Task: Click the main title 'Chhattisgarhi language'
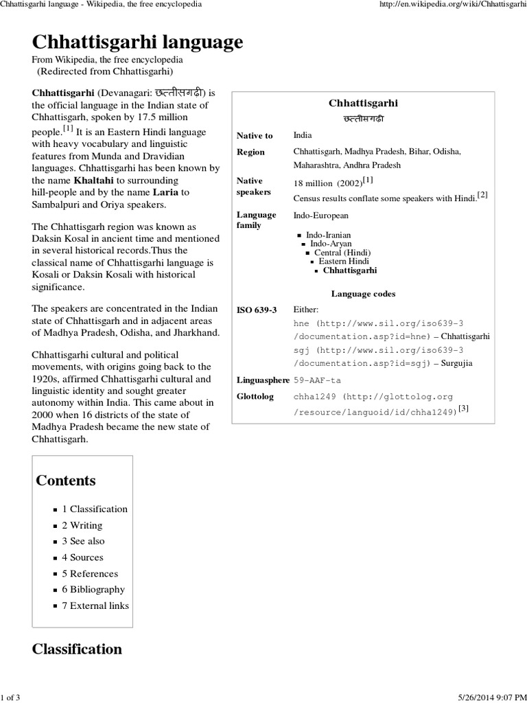(x=137, y=43)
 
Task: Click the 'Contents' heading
(x=66, y=481)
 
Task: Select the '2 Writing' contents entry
(x=82, y=525)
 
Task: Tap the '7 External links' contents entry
(x=95, y=606)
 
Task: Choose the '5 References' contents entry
(x=89, y=573)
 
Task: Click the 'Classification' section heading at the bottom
(x=77, y=649)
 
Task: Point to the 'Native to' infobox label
(x=255, y=136)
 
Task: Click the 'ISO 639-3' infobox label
(x=257, y=310)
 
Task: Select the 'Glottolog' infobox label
(x=255, y=397)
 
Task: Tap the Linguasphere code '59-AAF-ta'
(x=317, y=380)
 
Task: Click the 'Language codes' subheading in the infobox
(x=363, y=294)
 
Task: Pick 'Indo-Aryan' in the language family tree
(x=331, y=244)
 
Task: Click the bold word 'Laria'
(x=162, y=192)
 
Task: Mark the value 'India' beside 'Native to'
(x=302, y=135)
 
